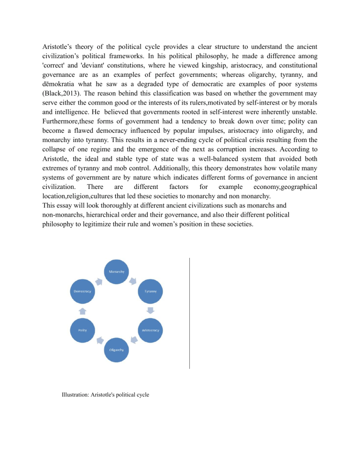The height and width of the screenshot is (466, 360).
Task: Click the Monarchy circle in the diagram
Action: [x=117, y=271]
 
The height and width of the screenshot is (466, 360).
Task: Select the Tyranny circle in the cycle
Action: [x=150, y=291]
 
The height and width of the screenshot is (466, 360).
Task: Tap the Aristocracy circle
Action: [x=150, y=330]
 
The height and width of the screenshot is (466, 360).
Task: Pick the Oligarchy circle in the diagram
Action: [x=117, y=350]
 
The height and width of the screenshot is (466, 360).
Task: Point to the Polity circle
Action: [x=82, y=330]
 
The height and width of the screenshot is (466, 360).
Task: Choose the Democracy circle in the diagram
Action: [x=82, y=291]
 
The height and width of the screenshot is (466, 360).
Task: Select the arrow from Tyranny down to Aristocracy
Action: [x=150, y=311]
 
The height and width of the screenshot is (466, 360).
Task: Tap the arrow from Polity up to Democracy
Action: [x=82, y=311]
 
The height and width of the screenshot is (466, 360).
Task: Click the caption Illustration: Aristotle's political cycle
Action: [x=105, y=395]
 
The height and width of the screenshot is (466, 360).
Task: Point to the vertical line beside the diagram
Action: [x=190, y=313]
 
